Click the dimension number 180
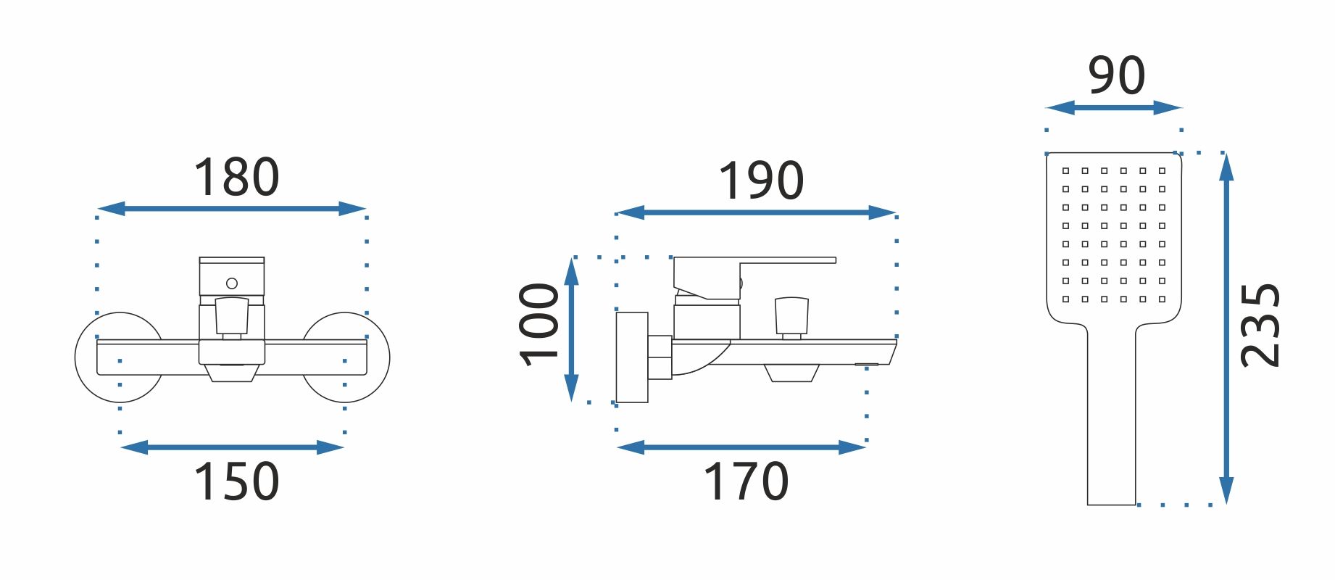(236, 178)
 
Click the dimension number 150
(236, 481)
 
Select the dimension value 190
(761, 181)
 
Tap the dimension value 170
(746, 481)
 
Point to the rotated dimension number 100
(539, 325)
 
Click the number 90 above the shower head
(1117, 75)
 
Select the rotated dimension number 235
(1260, 326)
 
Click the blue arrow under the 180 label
(231, 209)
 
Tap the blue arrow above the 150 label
(232, 447)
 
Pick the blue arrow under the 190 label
(756, 212)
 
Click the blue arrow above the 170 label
(741, 447)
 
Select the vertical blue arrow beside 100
(572, 329)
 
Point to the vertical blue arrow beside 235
(1226, 328)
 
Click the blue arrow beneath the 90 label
(1114, 108)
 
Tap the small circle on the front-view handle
(232, 283)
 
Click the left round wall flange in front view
(120, 357)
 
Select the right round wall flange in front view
(345, 357)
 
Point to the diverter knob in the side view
(791, 316)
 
